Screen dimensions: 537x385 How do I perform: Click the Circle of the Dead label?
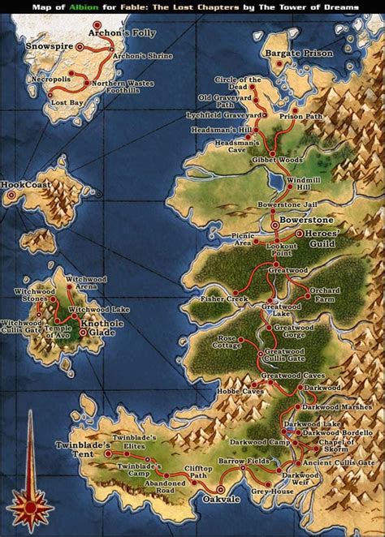[239, 83]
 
